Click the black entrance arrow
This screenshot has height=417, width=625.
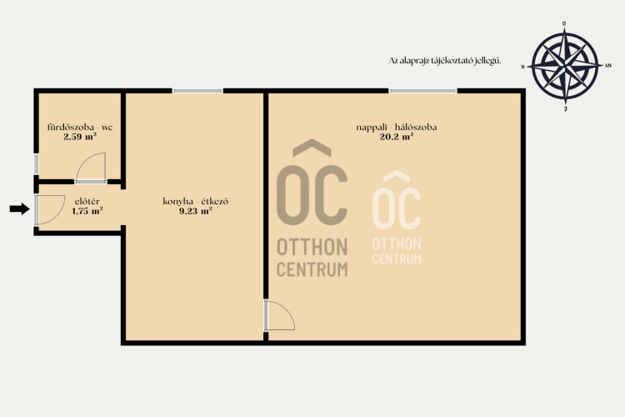coord(19,208)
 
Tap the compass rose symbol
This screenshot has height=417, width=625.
coord(565,67)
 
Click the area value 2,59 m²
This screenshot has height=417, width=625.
coord(80,137)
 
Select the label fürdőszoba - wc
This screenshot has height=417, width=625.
coord(80,128)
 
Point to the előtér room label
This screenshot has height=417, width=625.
coord(87,202)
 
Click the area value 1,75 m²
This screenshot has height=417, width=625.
coord(87,211)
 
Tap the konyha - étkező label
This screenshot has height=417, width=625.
coord(195,201)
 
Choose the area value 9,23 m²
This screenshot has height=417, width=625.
coord(195,211)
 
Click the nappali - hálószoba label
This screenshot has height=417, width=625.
coord(396,128)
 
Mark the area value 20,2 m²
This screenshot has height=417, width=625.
coord(396,137)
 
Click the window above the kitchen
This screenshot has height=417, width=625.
coord(197,91)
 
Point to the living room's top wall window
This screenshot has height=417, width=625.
coord(422,91)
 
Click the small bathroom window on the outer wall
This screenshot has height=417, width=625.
coord(36,163)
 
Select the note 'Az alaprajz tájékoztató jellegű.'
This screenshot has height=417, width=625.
coord(445,61)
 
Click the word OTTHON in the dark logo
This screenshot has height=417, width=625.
coord(312,247)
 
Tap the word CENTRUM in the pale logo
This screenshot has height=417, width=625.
coord(397,259)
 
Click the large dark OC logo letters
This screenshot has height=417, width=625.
coord(312,195)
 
